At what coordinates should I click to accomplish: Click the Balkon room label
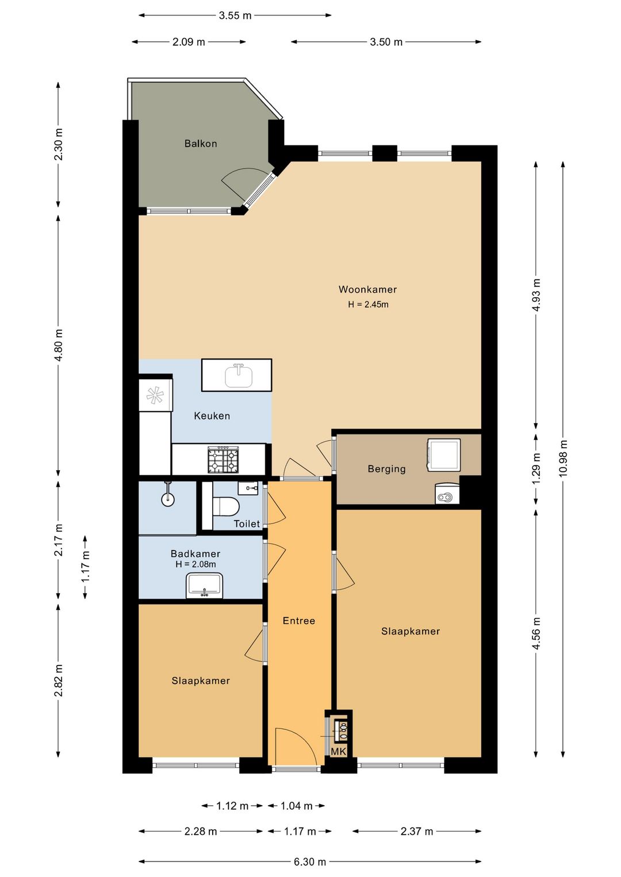click(x=201, y=144)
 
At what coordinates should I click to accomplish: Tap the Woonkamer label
click(x=367, y=290)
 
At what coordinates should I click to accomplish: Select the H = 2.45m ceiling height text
click(x=368, y=305)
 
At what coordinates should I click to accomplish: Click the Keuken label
click(x=212, y=416)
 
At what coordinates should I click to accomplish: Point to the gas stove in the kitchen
click(x=223, y=460)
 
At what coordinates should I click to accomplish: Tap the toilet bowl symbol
click(x=225, y=506)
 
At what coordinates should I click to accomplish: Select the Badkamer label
click(x=195, y=554)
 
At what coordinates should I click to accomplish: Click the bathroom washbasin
click(x=204, y=585)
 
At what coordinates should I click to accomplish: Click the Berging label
click(x=386, y=469)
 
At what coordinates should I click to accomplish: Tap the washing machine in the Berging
click(x=444, y=455)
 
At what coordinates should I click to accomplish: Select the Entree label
click(x=299, y=621)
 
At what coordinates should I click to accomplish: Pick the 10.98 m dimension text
click(x=563, y=458)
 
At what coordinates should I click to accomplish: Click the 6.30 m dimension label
click(x=310, y=861)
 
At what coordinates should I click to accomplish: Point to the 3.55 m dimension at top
click(x=235, y=16)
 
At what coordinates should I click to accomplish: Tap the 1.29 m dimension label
click(x=536, y=468)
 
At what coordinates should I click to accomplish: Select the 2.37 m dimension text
click(x=416, y=831)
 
